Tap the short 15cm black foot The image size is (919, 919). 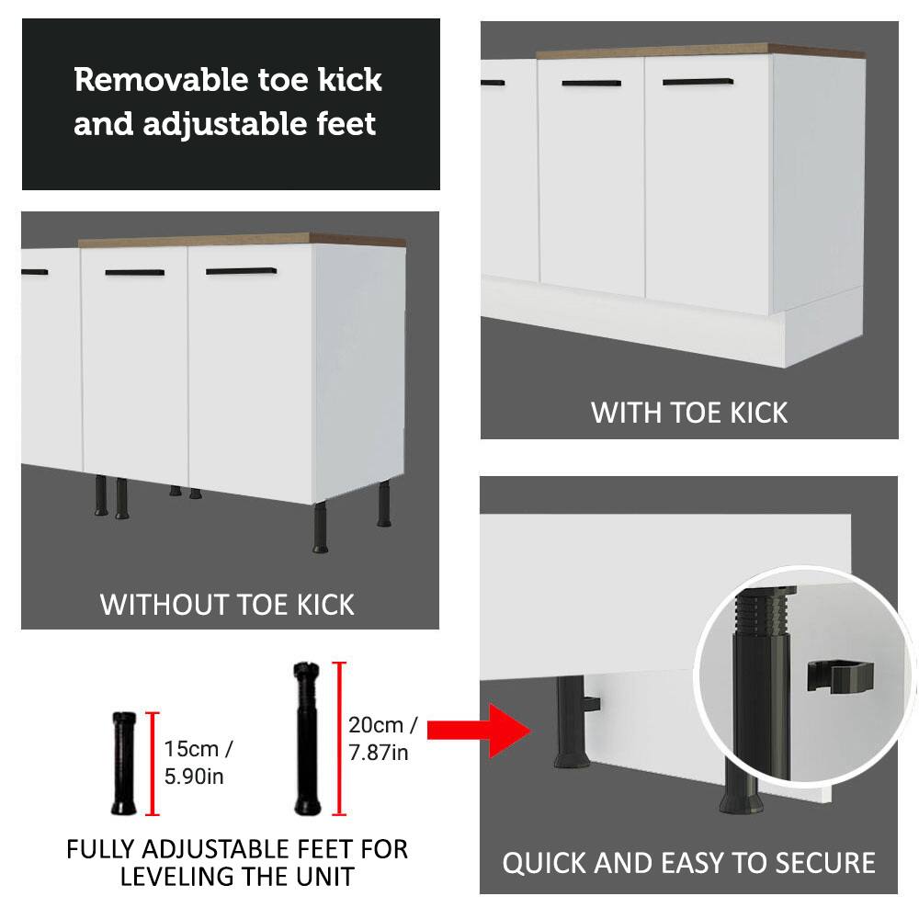[124, 762]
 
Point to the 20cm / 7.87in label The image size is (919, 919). [382, 739]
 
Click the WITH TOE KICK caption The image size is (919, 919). [689, 412]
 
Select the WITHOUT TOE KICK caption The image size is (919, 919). [227, 604]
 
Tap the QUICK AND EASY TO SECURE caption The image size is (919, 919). [688, 863]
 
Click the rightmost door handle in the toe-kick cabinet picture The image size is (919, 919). [703, 82]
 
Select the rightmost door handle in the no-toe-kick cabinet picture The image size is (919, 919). [241, 271]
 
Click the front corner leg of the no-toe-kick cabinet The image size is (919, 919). [322, 528]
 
